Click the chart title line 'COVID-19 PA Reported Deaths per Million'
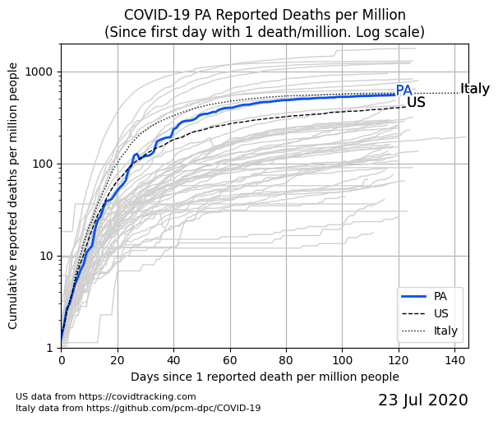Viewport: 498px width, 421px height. click(265, 16)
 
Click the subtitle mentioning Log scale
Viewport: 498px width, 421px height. click(265, 32)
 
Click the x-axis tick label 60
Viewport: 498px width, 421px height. click(230, 360)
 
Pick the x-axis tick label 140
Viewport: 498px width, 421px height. click(455, 360)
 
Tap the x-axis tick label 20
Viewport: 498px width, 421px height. click(118, 360)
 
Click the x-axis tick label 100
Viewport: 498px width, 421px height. click(343, 360)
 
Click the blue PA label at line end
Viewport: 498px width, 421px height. click(403, 91)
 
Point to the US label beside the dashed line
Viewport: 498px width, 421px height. click(416, 103)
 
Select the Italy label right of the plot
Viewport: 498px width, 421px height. click(475, 89)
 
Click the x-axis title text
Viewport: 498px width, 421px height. click(265, 377)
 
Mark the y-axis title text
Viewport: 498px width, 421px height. click(13, 199)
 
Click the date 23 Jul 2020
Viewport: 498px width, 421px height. click(422, 400)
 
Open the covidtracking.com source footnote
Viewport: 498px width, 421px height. click(106, 396)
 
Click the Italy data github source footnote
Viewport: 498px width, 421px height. click(138, 408)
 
